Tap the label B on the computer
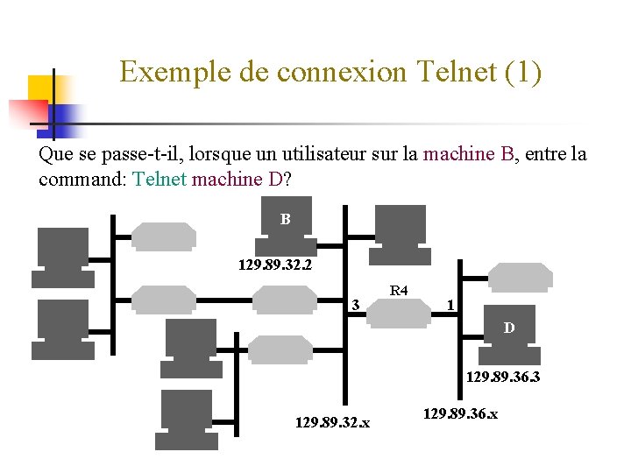pyautogui.click(x=286, y=219)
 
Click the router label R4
pyautogui.click(x=399, y=290)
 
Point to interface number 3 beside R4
pyautogui.click(x=354, y=306)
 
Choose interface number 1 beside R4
pyautogui.click(x=450, y=306)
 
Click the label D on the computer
pyautogui.click(x=508, y=329)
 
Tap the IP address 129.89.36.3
pyautogui.click(x=502, y=378)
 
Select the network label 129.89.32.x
pyautogui.click(x=333, y=423)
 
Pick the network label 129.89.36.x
pyautogui.click(x=460, y=413)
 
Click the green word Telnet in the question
pyautogui.click(x=160, y=180)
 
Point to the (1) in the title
pyautogui.click(x=524, y=72)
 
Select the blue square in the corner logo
pyautogui.click(x=66, y=116)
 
